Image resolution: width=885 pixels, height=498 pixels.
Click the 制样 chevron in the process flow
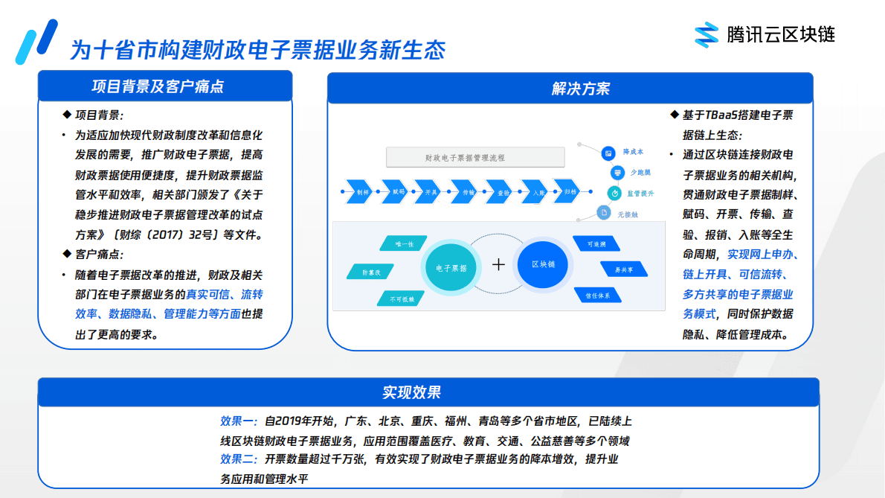click(362, 191)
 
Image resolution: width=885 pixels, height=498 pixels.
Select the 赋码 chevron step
click(399, 191)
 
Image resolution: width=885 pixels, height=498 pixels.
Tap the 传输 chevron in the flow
click(469, 191)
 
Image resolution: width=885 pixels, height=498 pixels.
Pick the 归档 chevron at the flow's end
click(569, 191)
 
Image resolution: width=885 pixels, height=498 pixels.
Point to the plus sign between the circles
click(498, 264)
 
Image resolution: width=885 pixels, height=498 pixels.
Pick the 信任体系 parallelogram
click(598, 296)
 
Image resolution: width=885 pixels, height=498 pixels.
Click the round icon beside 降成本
click(608, 153)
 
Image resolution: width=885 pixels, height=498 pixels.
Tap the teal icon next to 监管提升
click(614, 193)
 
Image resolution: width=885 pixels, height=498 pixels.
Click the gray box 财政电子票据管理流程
click(475, 158)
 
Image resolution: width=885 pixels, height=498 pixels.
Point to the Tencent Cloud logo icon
click(706, 34)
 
